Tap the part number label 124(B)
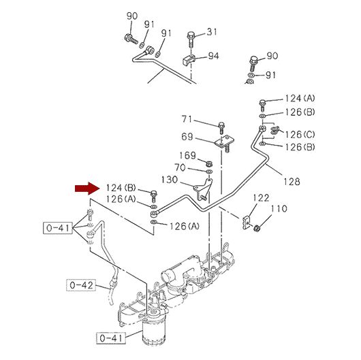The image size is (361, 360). click(x=121, y=188)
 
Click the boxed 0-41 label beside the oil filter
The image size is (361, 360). click(x=111, y=338)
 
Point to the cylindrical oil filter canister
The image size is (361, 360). click(x=153, y=331)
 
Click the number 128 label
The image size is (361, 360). click(x=292, y=182)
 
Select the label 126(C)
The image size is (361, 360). click(x=300, y=134)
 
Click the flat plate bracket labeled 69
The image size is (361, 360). click(x=225, y=142)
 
